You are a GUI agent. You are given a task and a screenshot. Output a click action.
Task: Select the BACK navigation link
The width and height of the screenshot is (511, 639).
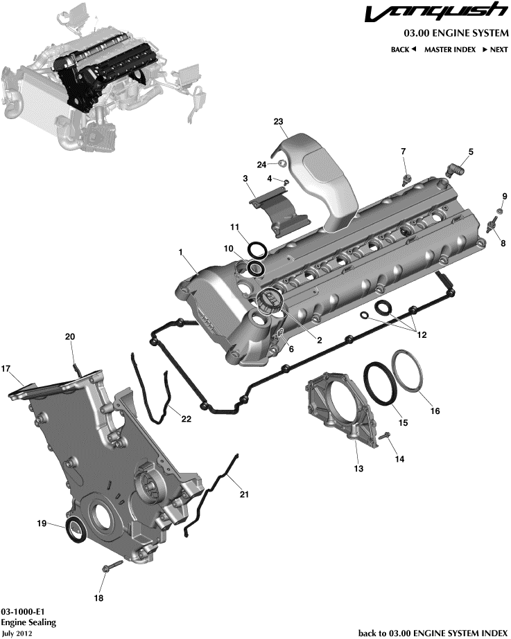tap(403, 50)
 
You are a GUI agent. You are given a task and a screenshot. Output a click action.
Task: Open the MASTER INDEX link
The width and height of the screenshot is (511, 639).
tap(449, 50)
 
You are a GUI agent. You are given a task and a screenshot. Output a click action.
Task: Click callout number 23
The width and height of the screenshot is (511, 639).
tap(279, 122)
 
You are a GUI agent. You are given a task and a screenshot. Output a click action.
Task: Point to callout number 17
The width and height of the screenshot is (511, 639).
tap(6, 368)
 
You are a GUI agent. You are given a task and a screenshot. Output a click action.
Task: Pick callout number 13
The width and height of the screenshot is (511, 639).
tap(358, 468)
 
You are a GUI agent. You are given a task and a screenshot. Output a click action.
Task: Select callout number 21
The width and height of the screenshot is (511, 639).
tap(243, 494)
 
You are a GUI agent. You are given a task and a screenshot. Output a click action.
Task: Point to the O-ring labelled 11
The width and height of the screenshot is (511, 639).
tap(257, 249)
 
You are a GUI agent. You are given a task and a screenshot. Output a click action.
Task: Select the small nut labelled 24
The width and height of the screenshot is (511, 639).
tap(282, 163)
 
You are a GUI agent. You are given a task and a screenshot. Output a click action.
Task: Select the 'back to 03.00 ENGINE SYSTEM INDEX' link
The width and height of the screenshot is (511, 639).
tap(433, 633)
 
